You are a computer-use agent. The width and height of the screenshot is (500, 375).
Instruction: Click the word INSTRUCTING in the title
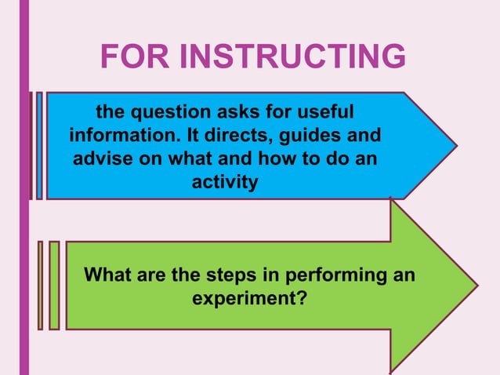pos(296,57)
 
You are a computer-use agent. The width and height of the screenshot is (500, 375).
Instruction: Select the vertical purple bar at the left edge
pos(24,187)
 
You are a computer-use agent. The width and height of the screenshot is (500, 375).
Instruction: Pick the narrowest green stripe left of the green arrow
pos(40,285)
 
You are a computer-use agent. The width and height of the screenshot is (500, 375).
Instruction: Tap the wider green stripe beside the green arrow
pos(54,285)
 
